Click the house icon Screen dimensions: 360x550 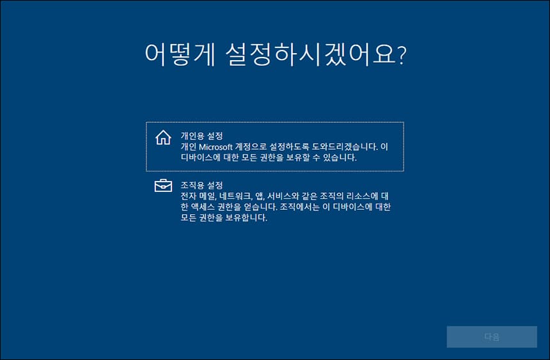164,137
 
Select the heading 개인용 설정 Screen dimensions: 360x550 201,136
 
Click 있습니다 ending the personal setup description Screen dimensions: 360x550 340,157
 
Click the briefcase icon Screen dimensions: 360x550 164,186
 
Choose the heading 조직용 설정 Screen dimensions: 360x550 201,185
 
